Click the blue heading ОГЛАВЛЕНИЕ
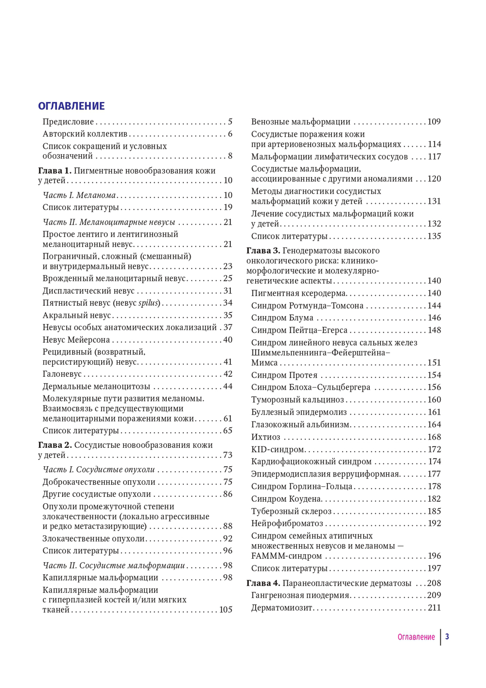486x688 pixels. [71, 106]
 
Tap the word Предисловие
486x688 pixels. [68, 122]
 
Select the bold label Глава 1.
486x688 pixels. [54, 171]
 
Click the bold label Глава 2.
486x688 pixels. [54, 445]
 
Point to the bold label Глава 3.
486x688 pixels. [263, 251]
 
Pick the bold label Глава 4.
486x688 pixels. [263, 583]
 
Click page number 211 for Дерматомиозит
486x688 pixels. [434, 608]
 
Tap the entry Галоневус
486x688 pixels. [62, 374]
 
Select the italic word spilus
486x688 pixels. [149, 303]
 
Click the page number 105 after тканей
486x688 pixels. [226, 610]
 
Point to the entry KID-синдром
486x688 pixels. [277, 449]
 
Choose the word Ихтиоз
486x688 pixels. [265, 437]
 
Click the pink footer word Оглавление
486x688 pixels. [416, 637]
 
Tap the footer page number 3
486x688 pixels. [447, 637]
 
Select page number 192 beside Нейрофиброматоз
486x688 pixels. [434, 524]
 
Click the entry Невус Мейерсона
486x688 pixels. [76, 340]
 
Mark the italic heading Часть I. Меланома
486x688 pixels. [79, 195]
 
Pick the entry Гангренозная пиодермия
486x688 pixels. [300, 596]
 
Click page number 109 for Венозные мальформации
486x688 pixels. [434, 122]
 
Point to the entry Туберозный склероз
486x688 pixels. [291, 512]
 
